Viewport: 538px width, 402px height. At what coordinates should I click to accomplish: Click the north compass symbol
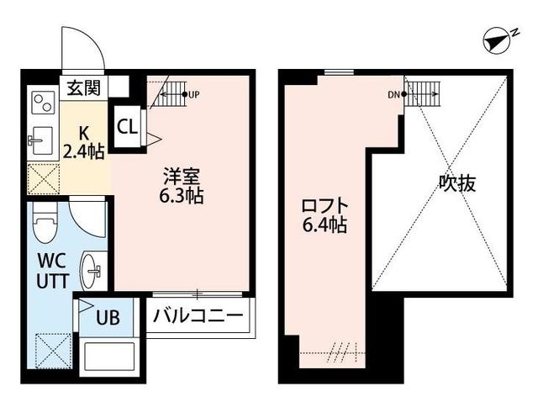[500, 39]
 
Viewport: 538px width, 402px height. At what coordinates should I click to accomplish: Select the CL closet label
[128, 127]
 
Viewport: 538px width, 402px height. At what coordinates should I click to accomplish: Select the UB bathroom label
[108, 319]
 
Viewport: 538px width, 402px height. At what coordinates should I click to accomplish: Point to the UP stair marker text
[193, 94]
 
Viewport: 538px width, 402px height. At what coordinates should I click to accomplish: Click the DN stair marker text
[393, 94]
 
